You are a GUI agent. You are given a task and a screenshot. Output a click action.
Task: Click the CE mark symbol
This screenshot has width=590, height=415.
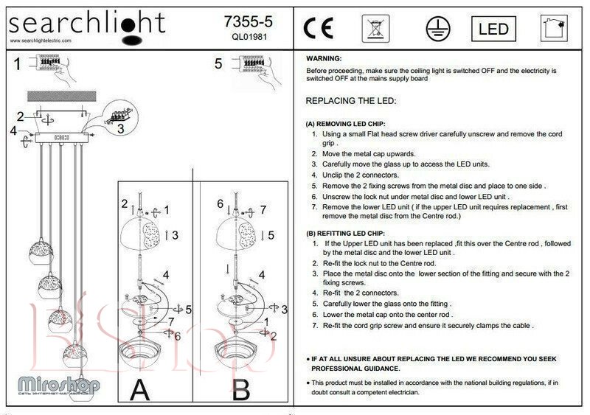(319, 28)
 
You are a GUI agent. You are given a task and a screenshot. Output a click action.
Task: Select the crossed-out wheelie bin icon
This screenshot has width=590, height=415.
(375, 29)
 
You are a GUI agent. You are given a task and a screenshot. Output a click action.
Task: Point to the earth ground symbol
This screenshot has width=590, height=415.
(437, 29)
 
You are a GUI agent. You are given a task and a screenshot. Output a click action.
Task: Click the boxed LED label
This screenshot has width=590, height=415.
(493, 29)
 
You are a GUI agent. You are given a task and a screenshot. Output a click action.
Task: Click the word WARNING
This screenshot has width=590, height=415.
(324, 57)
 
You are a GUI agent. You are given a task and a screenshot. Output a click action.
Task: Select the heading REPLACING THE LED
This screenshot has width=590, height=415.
(351, 100)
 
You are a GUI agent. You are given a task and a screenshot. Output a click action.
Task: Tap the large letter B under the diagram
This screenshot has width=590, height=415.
(241, 388)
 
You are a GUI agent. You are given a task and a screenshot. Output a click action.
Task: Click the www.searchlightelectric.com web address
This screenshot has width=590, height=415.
(41, 41)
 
